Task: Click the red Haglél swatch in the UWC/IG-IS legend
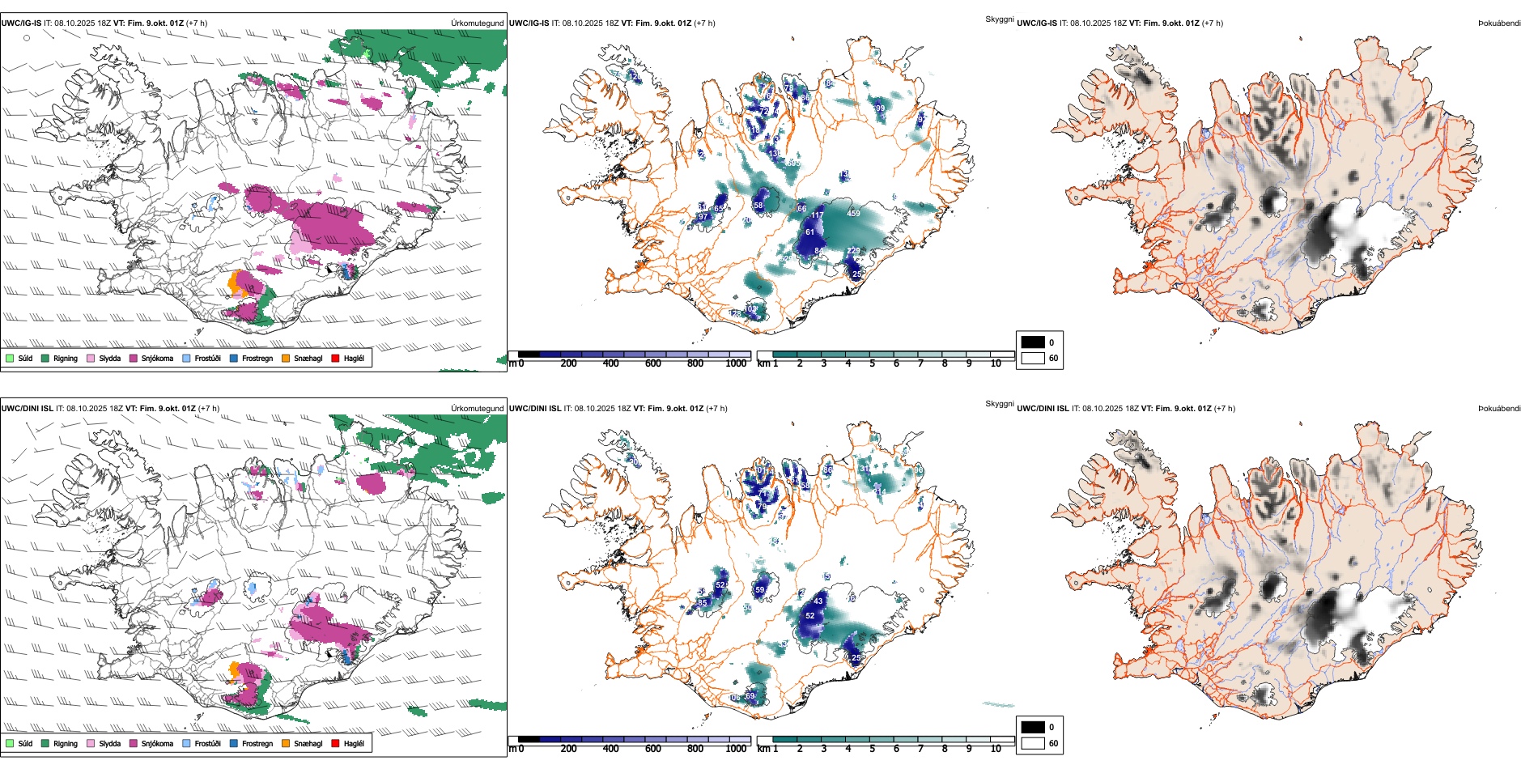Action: (335, 358)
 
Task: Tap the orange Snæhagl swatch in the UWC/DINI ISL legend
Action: (286, 743)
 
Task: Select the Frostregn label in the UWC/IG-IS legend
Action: (257, 358)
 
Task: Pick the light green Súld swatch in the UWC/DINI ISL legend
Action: (10, 743)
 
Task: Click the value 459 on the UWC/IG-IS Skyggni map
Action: (853, 214)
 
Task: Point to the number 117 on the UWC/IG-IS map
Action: (817, 215)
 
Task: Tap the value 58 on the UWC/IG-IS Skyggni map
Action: (758, 206)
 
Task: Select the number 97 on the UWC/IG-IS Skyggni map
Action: (703, 217)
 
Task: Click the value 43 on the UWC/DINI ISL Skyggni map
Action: (818, 601)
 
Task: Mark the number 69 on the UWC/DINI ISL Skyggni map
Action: (750, 696)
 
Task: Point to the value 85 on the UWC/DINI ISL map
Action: (702, 602)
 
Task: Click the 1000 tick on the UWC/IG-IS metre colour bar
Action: (736, 363)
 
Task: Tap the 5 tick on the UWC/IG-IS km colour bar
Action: (873, 363)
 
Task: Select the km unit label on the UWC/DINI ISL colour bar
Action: (763, 749)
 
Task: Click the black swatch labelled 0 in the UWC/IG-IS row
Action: (1033, 342)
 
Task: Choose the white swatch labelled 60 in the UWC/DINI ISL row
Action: (1033, 743)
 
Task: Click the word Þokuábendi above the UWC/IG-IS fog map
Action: (1499, 23)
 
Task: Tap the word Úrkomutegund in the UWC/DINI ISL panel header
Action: (477, 409)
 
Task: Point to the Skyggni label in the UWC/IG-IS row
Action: (999, 19)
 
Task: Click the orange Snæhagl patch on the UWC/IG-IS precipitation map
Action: (234, 283)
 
